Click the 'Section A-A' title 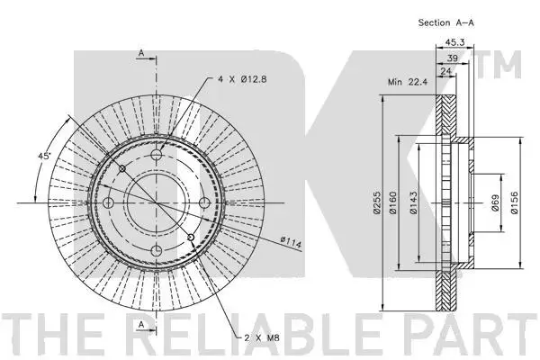(446, 22)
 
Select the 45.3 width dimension (454, 42)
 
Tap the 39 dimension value (452, 58)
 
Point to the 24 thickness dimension (445, 71)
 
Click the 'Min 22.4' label (408, 82)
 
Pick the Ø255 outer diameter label (377, 202)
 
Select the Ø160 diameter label (393, 202)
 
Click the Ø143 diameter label (413, 202)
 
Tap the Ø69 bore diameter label (495, 202)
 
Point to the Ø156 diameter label (514, 202)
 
